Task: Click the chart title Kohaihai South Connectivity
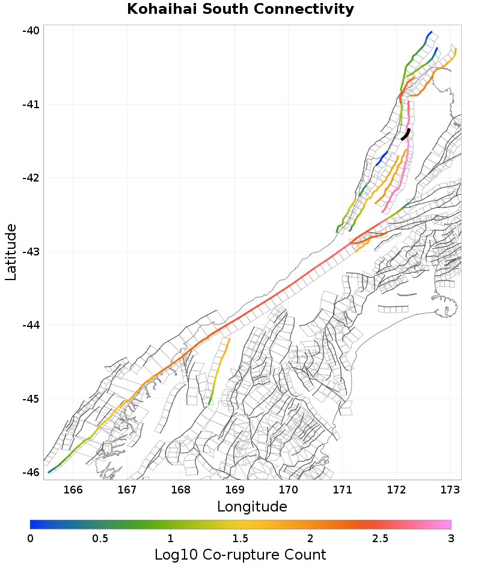[x=240, y=10]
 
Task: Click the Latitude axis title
[x=11, y=252]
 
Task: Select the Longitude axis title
[x=252, y=507]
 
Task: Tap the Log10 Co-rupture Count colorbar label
[x=240, y=554]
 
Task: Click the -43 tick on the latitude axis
[x=31, y=251]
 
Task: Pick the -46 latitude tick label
[x=31, y=472]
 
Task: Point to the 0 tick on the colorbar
[x=30, y=538]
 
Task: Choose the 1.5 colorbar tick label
[x=240, y=538]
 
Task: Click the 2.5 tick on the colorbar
[x=381, y=538]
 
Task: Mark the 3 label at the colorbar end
[x=451, y=538]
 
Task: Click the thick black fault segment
[x=406, y=135]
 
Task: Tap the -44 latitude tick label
[x=31, y=325]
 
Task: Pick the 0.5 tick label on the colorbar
[x=100, y=538]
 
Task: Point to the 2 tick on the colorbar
[x=310, y=538]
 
